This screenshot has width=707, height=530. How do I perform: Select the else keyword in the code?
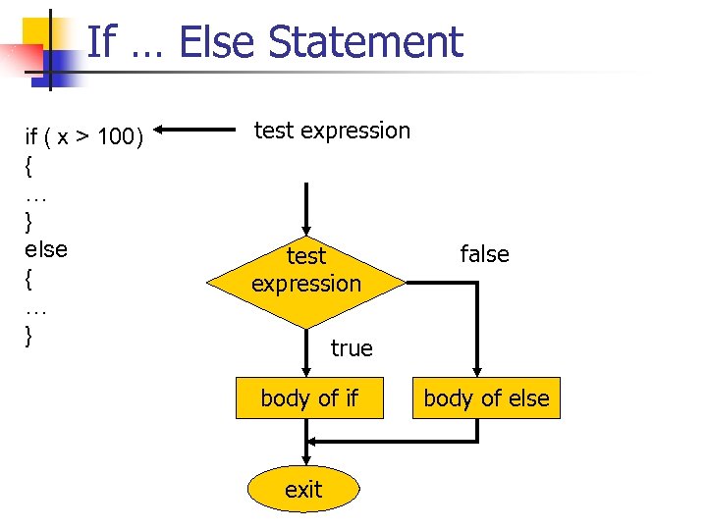pos(46,249)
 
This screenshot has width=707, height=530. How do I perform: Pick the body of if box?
pos(309,398)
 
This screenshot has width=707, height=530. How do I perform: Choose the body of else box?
pos(486,398)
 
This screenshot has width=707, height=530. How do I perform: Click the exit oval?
pos(302,489)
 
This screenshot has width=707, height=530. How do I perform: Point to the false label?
pos(485,255)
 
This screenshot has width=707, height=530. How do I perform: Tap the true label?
pos(352,348)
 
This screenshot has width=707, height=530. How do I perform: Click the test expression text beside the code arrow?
pos(332,131)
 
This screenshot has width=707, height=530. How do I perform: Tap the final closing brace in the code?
pos(28,335)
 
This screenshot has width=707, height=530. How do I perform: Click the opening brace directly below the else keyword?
pos(28,278)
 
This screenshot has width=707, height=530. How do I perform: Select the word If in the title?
pos(102,42)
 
